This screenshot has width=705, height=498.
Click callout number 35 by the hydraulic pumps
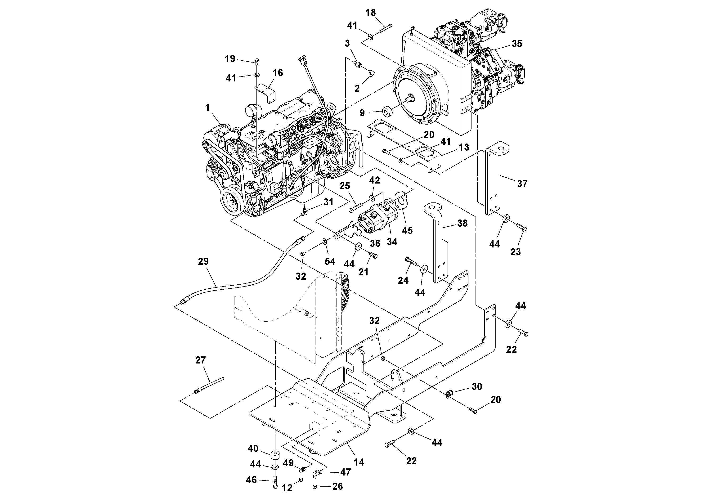click(x=517, y=44)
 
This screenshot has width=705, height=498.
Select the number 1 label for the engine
click(x=208, y=108)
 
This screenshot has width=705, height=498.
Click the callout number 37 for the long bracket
click(x=522, y=184)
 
